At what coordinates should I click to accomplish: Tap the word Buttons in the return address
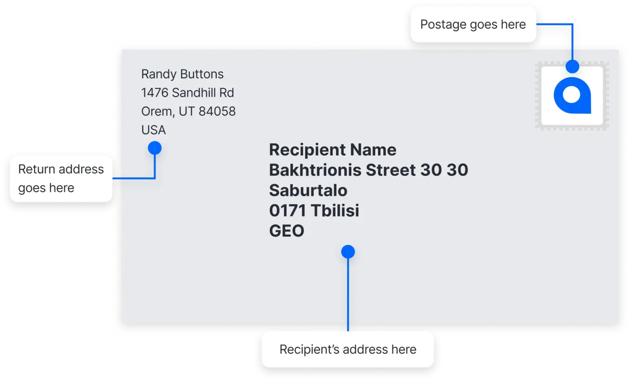[x=202, y=74]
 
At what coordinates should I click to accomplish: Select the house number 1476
[x=155, y=93]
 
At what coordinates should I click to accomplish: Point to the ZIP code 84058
[x=217, y=111]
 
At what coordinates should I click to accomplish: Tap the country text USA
[x=154, y=130]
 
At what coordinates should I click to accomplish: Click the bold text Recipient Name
[x=333, y=150]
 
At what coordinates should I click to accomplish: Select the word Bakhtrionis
[x=315, y=170]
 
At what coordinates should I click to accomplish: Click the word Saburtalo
[x=308, y=190]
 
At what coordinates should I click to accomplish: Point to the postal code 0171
[x=287, y=211]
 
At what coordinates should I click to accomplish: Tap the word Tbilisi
[x=335, y=211]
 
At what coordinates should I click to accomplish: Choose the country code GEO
[x=286, y=231]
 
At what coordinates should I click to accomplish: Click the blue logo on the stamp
[x=572, y=95]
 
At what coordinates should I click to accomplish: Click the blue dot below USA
[x=155, y=148]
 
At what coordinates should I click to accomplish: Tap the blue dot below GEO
[x=348, y=251]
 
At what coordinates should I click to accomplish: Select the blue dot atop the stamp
[x=572, y=67]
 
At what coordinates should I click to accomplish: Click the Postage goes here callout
[x=473, y=25]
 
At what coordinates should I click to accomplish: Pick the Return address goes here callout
[x=61, y=179]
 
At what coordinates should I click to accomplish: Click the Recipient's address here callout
[x=348, y=350]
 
